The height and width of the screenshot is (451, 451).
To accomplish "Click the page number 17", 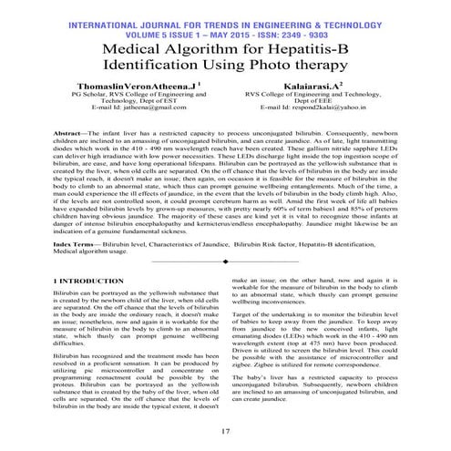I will (x=225, y=430).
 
